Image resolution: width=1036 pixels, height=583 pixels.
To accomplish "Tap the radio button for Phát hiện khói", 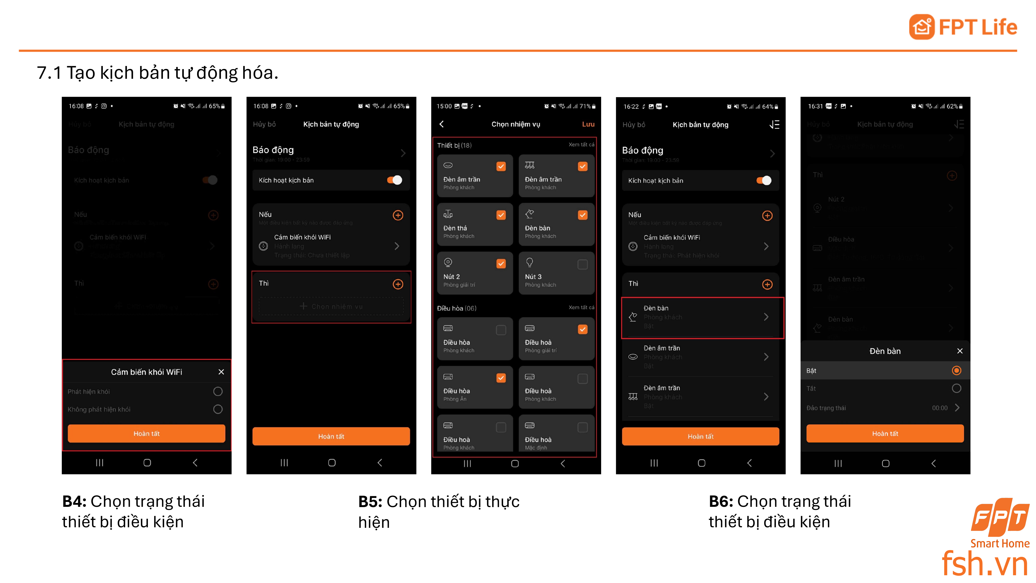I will click(x=218, y=391).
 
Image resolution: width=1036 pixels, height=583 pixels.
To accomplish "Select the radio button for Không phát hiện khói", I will click(x=218, y=409).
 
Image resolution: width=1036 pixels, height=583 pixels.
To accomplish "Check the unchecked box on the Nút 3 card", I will click(x=582, y=264).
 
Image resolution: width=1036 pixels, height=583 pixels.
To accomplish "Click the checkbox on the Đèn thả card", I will click(x=501, y=215).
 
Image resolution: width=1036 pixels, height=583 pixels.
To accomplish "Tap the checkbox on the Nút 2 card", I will click(x=501, y=264).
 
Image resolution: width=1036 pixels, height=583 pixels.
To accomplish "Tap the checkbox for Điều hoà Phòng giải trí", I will click(x=582, y=330).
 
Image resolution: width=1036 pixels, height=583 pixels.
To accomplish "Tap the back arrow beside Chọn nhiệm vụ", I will click(x=442, y=124).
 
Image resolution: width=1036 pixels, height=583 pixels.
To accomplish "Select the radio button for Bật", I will click(x=956, y=370).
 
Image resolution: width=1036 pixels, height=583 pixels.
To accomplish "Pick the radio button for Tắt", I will click(x=956, y=388).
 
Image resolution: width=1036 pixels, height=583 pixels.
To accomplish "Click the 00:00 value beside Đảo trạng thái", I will click(x=939, y=408).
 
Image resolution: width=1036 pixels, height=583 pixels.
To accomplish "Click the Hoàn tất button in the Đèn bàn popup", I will click(x=885, y=433).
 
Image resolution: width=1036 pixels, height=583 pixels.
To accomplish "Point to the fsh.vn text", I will click(x=984, y=564).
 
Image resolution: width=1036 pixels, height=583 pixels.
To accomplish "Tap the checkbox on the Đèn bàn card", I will click(x=582, y=215).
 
